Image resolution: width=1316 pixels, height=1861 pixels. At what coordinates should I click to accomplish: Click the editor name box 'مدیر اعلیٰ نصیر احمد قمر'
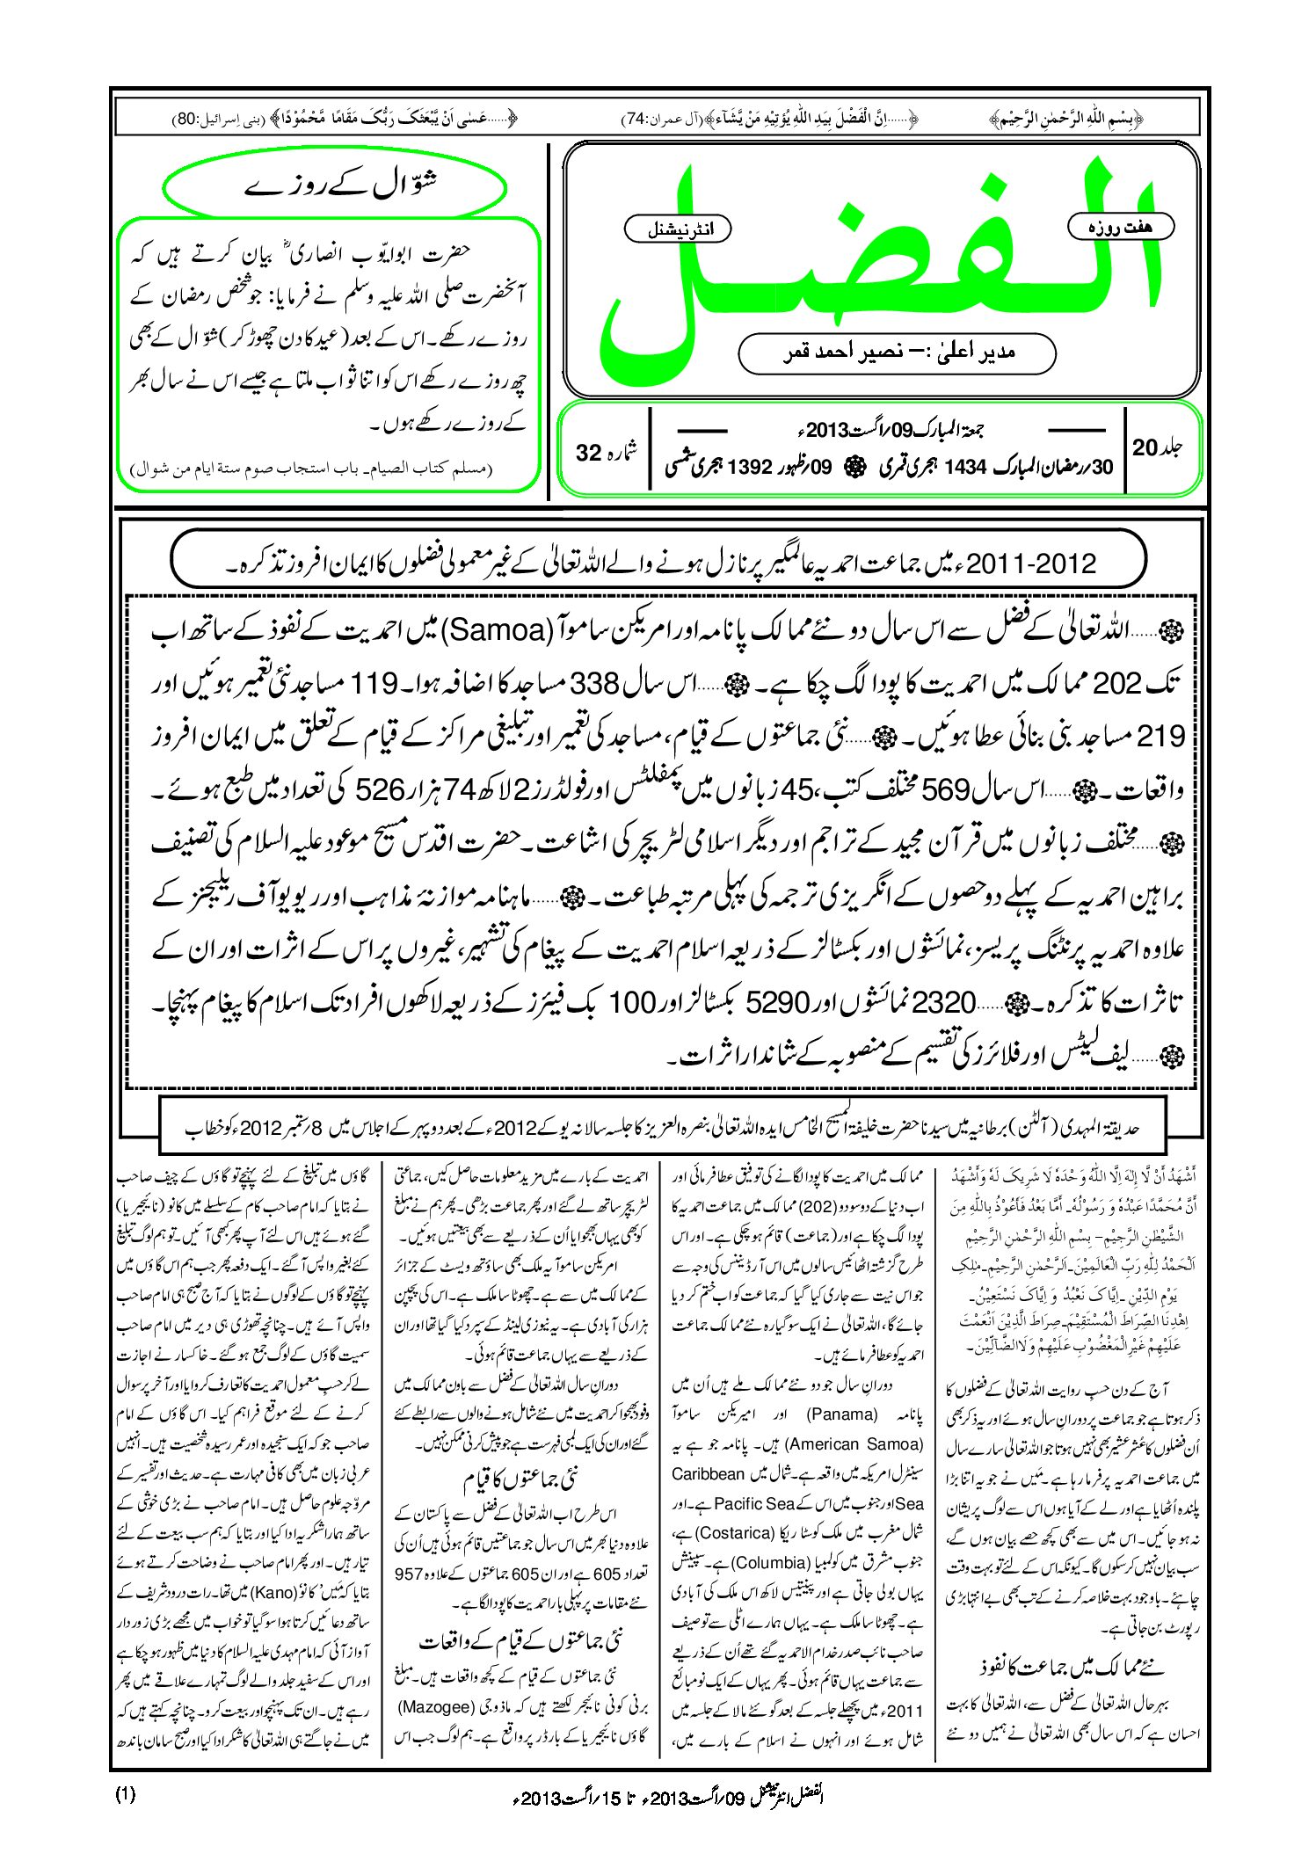point(897,353)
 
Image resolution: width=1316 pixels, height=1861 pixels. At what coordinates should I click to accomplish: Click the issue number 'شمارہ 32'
point(607,452)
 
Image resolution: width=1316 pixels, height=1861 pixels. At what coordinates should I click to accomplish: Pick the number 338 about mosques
point(597,683)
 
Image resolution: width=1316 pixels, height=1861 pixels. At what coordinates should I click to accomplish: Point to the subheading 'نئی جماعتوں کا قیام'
point(520,1479)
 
